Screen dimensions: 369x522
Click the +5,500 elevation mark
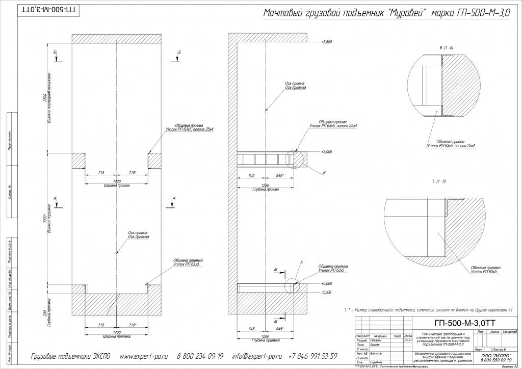tap(327, 42)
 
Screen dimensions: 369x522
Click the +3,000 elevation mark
tap(327, 152)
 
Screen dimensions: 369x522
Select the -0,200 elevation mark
tap(327, 293)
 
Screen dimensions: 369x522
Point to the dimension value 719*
tap(133, 173)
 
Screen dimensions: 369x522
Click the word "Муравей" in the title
tap(408, 13)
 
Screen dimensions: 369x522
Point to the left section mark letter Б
tap(55, 52)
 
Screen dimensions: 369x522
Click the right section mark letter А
tap(174, 198)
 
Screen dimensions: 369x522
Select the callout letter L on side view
tap(302, 261)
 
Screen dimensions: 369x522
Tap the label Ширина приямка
tap(116, 337)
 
